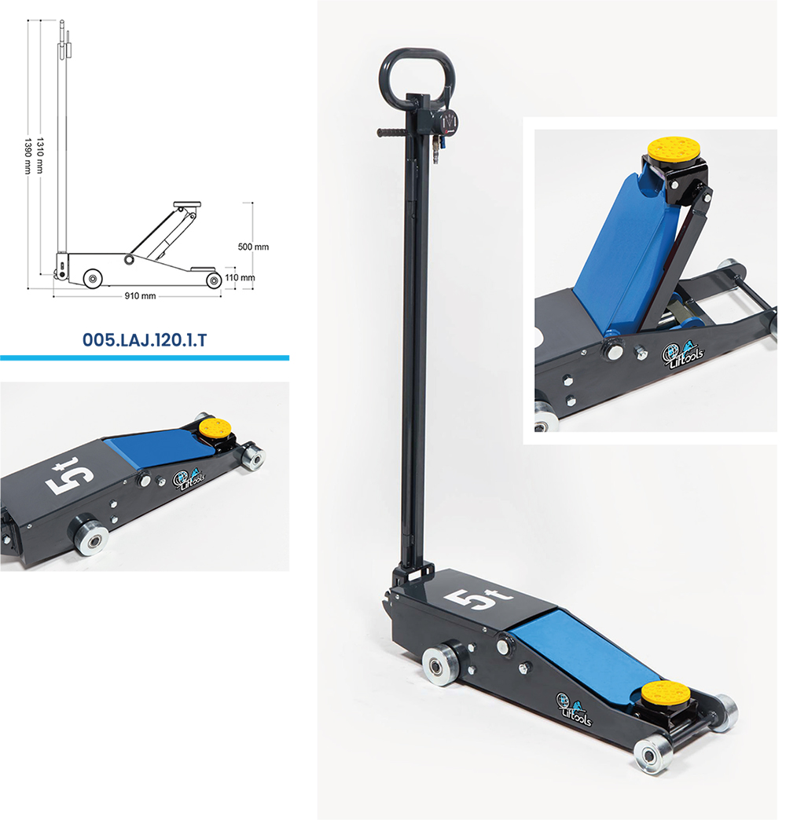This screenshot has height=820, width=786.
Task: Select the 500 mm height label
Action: point(253,247)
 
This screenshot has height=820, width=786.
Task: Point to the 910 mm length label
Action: point(141,296)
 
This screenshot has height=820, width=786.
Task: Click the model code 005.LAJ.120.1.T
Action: point(144,340)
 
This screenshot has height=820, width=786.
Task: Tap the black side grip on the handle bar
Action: point(391,133)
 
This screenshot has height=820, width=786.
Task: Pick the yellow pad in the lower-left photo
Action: point(214,429)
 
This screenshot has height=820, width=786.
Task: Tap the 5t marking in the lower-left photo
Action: point(72,478)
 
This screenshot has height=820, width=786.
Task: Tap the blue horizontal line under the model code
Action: point(144,357)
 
